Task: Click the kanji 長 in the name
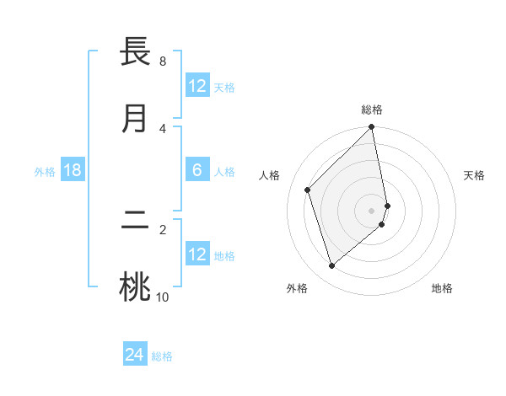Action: tap(136, 51)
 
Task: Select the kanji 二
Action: tap(136, 221)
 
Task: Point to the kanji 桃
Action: tap(136, 286)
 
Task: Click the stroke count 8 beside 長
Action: tap(163, 62)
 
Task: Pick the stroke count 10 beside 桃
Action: tap(163, 297)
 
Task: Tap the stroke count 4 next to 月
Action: tap(163, 128)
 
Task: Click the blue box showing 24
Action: tap(135, 356)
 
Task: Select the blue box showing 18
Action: tap(73, 171)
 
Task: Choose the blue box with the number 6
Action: tap(197, 171)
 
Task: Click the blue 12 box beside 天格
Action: tap(197, 86)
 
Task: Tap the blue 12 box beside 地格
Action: tap(197, 254)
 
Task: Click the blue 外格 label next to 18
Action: tap(45, 172)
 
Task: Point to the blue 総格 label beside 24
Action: tap(162, 356)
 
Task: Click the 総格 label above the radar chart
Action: tap(372, 110)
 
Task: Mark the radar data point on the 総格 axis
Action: tap(372, 128)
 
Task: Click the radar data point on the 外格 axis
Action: tap(332, 266)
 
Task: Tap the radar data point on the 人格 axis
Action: tap(308, 190)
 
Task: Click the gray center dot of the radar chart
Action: tap(372, 210)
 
